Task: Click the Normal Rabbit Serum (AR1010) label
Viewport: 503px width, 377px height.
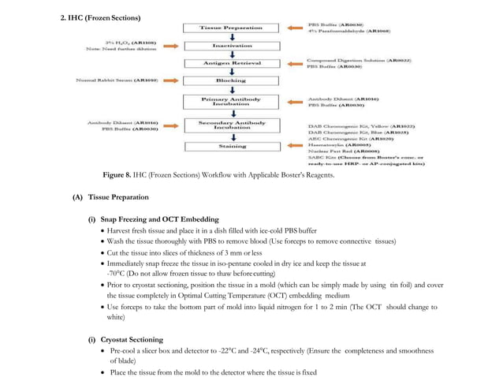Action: tap(116, 80)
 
